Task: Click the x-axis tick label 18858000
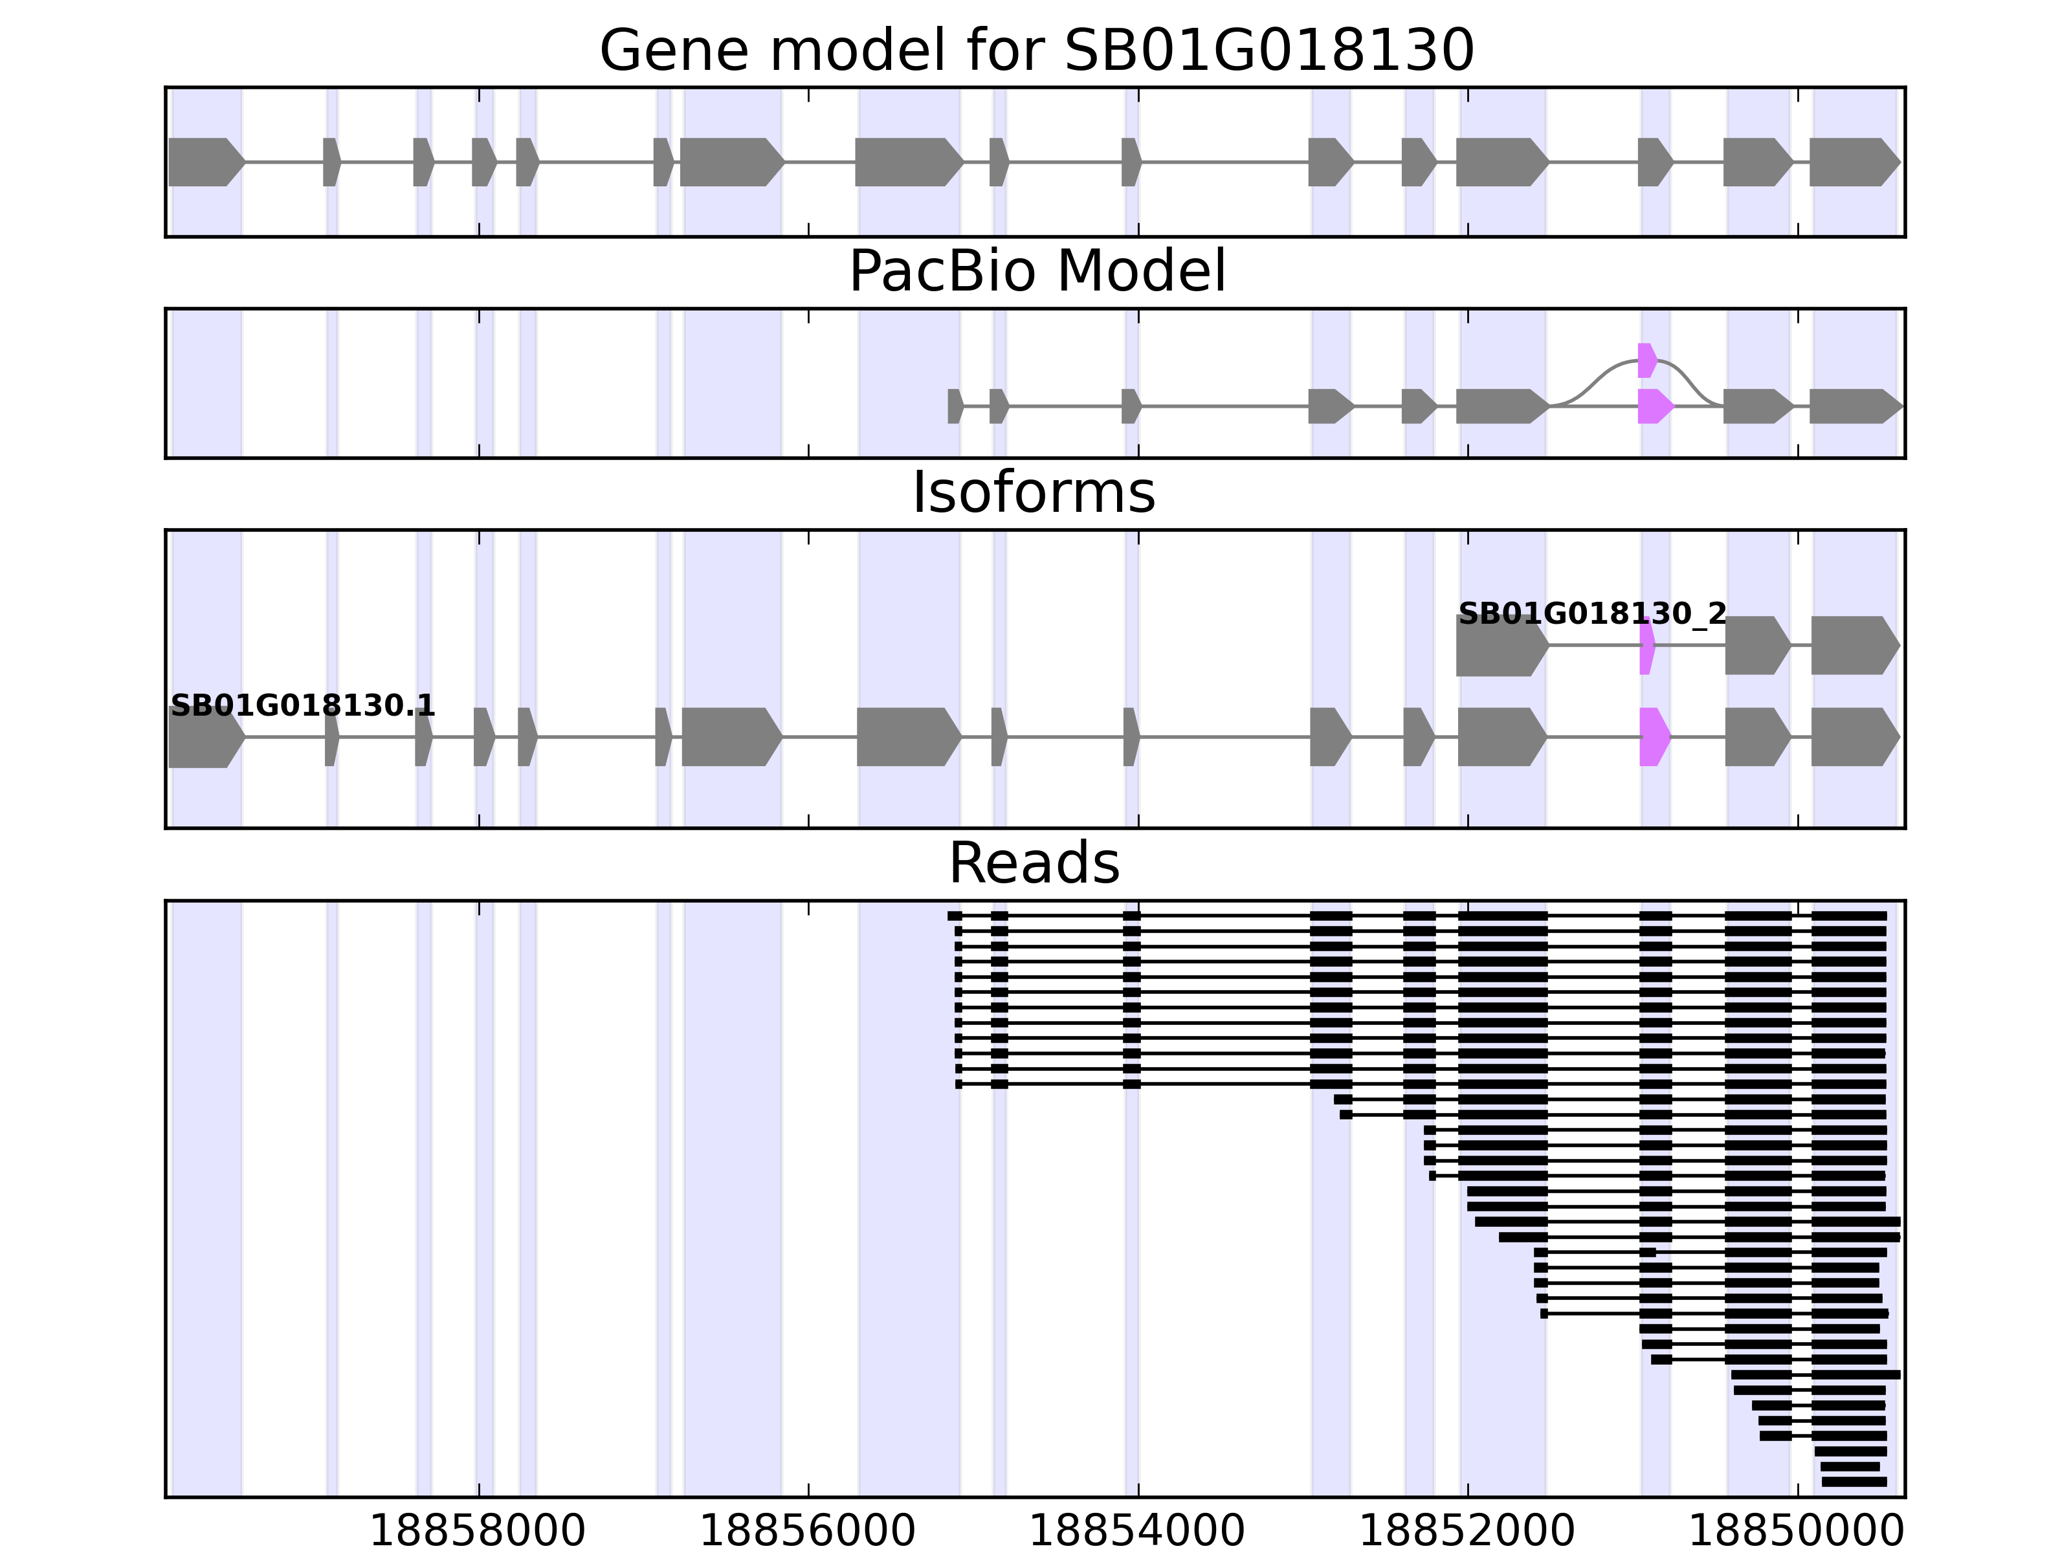(x=478, y=1532)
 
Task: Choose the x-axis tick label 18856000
(x=807, y=1532)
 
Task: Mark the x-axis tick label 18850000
(x=1796, y=1532)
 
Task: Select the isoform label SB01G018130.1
(x=302, y=706)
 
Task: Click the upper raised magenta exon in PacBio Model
(x=1646, y=360)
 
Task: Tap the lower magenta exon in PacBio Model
(x=1654, y=406)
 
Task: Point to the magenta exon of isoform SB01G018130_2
(x=1647, y=646)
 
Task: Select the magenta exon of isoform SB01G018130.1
(x=1654, y=737)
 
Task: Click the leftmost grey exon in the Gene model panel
(x=204, y=162)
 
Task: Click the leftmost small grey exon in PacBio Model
(x=954, y=406)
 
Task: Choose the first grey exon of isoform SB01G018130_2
(x=1501, y=646)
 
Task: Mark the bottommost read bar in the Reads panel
(x=1854, y=1482)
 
